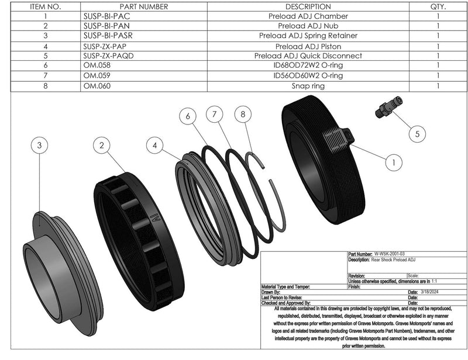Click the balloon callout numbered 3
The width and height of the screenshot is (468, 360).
click(39, 146)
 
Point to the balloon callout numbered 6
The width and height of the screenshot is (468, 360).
click(188, 117)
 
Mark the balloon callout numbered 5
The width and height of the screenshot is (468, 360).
click(417, 134)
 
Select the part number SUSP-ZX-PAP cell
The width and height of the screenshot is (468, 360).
click(106, 46)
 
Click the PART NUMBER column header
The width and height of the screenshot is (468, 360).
click(126, 6)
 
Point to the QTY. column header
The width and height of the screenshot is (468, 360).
click(438, 6)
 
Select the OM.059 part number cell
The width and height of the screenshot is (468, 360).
click(96, 76)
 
